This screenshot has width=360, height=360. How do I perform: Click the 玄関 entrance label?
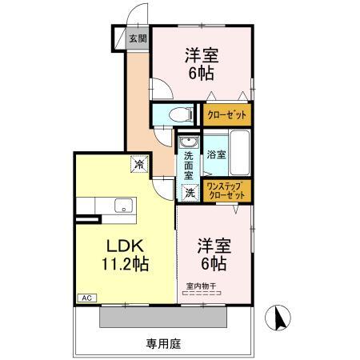[x=137, y=38]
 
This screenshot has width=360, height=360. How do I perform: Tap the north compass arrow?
[x=280, y=319]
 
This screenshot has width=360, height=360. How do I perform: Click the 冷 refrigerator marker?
[x=138, y=164]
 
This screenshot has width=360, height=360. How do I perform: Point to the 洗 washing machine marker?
[x=190, y=192]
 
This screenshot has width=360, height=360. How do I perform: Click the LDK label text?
[x=118, y=246]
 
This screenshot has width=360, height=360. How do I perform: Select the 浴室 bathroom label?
[x=216, y=153]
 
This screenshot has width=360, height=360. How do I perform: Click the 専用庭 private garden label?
[x=164, y=344]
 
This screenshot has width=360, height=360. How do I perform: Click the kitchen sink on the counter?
[x=123, y=206]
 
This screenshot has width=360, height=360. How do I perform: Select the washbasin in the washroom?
[x=187, y=138]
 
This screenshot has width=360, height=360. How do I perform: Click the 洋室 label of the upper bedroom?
[x=202, y=55]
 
